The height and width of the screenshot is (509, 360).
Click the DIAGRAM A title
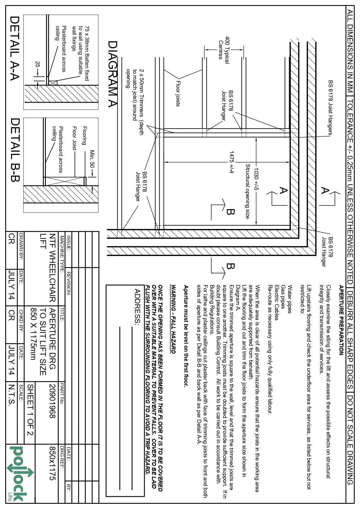(x=113, y=74)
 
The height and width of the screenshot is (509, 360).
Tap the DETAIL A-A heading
(x=15, y=48)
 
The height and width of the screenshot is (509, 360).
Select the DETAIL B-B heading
(x=15, y=150)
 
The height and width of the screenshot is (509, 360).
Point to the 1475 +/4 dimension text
(x=231, y=162)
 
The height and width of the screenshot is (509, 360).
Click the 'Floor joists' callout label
(x=178, y=93)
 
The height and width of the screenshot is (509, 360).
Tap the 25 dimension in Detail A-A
(x=37, y=64)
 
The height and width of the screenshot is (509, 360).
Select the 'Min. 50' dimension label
(x=92, y=159)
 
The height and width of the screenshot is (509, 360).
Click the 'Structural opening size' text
(x=247, y=192)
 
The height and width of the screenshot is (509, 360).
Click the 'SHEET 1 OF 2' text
(x=30, y=410)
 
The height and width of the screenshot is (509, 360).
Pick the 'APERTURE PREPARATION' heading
(x=341, y=320)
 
